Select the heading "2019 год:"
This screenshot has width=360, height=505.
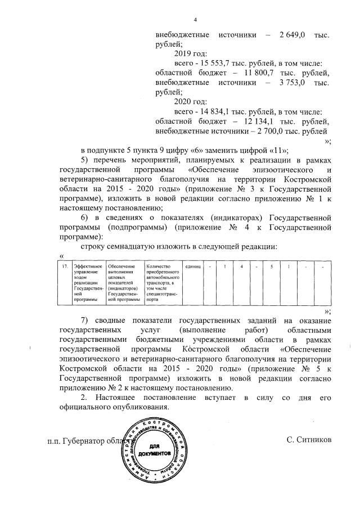[x=191, y=54]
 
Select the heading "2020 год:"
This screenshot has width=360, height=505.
[x=191, y=102]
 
